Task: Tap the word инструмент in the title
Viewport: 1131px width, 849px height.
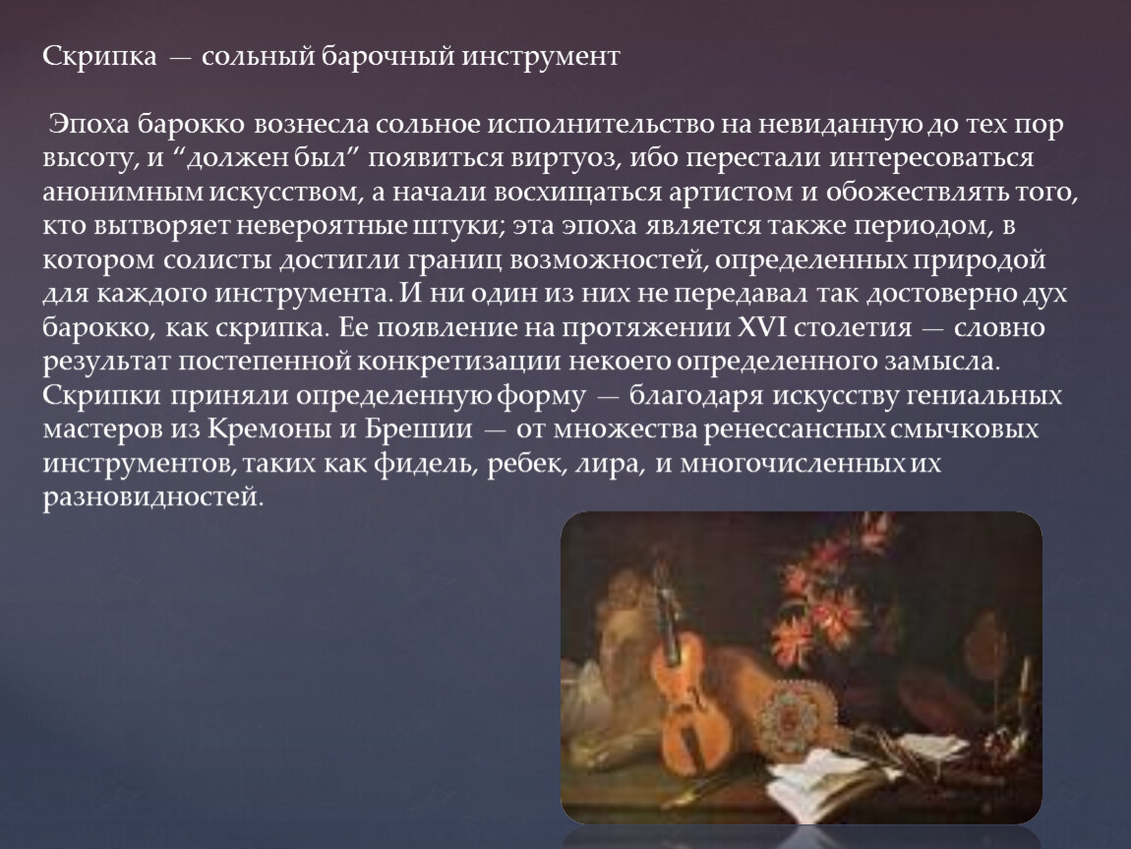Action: coord(540,56)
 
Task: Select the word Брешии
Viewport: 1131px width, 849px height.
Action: coord(418,429)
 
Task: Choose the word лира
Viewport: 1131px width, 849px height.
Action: coord(608,465)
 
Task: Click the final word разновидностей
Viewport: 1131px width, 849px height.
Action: coord(152,497)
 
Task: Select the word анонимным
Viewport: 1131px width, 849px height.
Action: coord(124,193)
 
